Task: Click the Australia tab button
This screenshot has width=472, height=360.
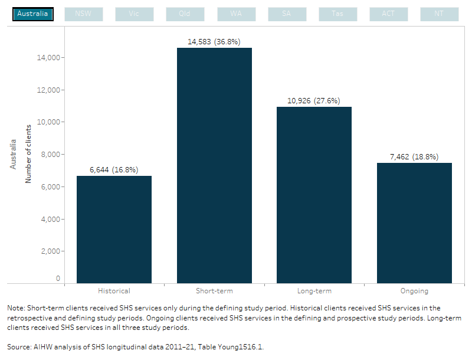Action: (33, 14)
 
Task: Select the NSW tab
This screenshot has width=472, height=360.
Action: (83, 14)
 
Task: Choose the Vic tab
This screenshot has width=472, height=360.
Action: (134, 14)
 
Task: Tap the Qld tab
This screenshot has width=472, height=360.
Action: (185, 14)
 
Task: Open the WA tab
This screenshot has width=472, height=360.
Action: (235, 14)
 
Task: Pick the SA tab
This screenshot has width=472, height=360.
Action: (286, 14)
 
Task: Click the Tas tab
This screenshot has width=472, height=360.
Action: (337, 14)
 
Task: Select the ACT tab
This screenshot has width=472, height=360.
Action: (388, 14)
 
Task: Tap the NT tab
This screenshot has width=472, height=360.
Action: (439, 14)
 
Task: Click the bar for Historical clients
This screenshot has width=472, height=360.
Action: (114, 230)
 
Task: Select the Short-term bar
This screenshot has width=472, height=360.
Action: (214, 165)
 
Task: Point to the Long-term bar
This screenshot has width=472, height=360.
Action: (314, 195)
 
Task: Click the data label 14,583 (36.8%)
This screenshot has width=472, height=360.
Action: (214, 41)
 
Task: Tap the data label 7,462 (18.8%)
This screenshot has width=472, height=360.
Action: (414, 156)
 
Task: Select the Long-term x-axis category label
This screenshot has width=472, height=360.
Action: (314, 291)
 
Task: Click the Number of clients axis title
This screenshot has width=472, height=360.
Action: (28, 153)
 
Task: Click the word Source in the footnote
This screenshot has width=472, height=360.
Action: (18, 348)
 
